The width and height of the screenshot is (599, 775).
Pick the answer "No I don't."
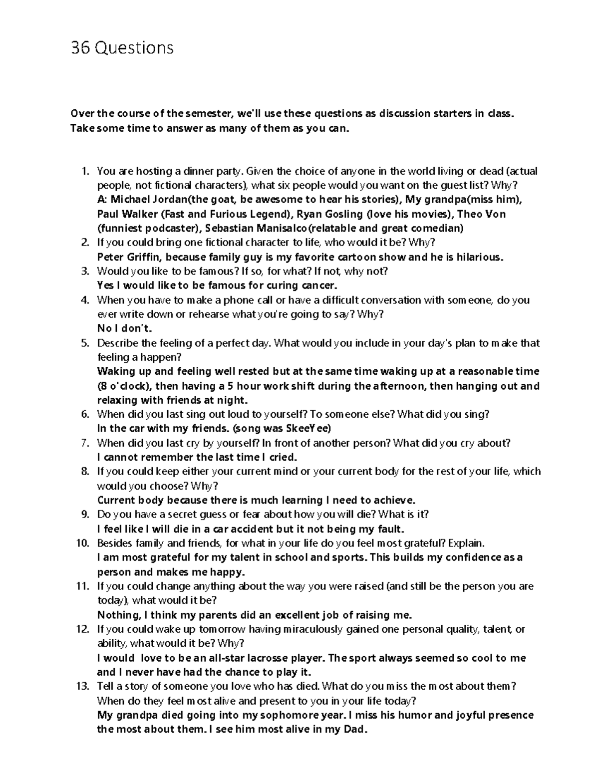(124, 328)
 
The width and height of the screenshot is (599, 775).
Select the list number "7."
(85, 443)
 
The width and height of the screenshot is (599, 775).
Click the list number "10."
(83, 543)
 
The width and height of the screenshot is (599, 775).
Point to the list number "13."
(83, 686)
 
